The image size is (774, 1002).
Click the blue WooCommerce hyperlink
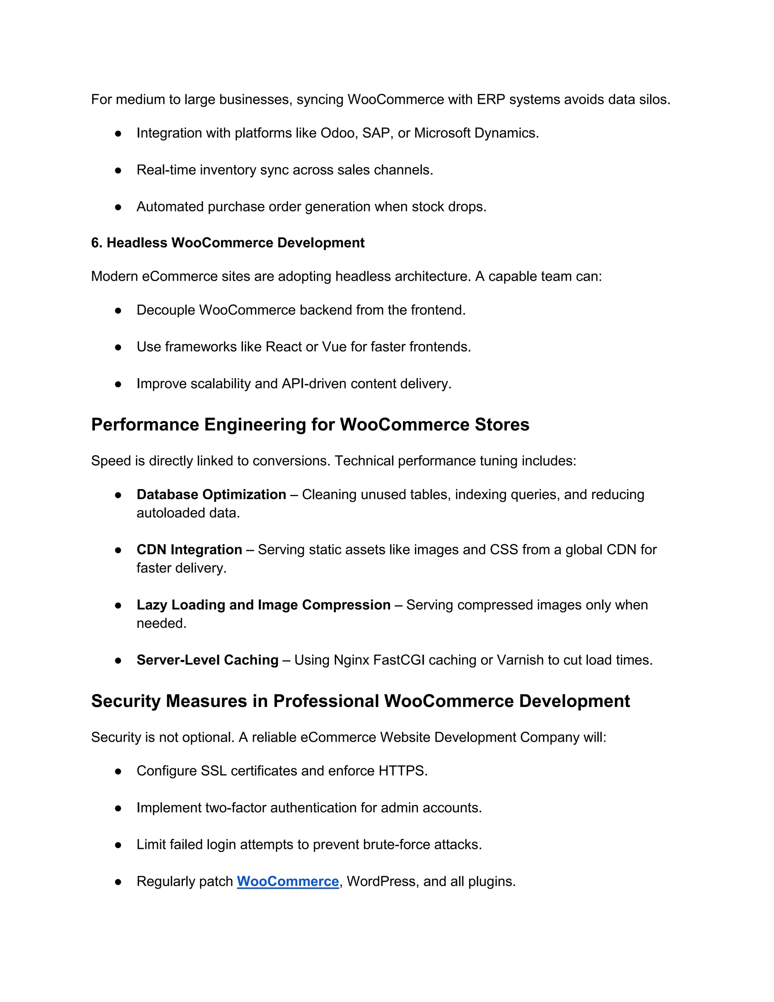pyautogui.click(x=288, y=881)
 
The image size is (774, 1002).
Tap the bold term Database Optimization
pyautogui.click(x=211, y=495)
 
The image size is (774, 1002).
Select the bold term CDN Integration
pyautogui.click(x=189, y=550)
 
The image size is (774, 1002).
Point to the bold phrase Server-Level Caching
pyautogui.click(x=207, y=660)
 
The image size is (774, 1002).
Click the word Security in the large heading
pyautogui.click(x=125, y=701)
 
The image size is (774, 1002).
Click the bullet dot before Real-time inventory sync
pyautogui.click(x=118, y=170)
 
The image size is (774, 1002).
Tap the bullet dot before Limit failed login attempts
pyautogui.click(x=118, y=845)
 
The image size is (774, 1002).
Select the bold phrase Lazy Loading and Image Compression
pyautogui.click(x=263, y=605)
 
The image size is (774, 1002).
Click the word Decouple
pyautogui.click(x=166, y=310)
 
